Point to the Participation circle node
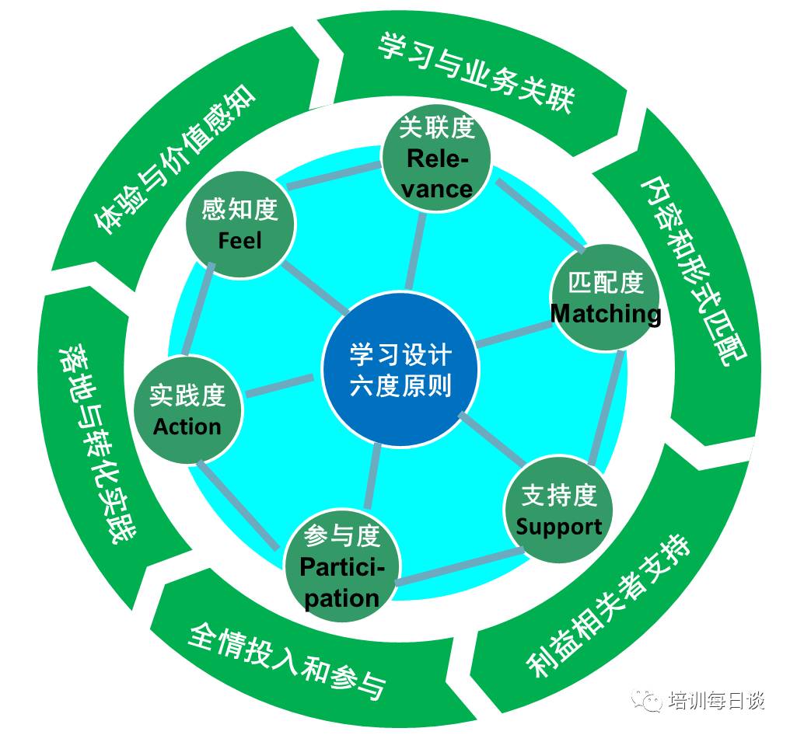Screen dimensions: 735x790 tap(342, 566)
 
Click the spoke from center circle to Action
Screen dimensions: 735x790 tap(280, 385)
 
